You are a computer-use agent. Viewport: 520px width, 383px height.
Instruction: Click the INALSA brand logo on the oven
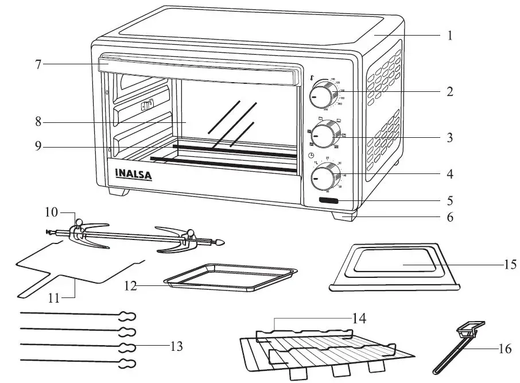(133, 174)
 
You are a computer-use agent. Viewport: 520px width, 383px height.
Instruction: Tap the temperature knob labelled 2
(324, 96)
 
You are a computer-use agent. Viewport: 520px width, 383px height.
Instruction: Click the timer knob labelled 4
(324, 178)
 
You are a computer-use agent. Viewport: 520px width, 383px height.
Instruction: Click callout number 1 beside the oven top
(450, 36)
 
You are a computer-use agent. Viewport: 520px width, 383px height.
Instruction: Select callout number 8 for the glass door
(38, 122)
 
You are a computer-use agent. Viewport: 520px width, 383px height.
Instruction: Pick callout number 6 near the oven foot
(450, 218)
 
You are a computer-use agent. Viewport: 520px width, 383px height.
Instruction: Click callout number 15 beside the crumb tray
(509, 265)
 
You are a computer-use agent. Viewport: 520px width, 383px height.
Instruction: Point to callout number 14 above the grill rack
(360, 316)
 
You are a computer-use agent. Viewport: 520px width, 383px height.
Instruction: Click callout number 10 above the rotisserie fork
(52, 211)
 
